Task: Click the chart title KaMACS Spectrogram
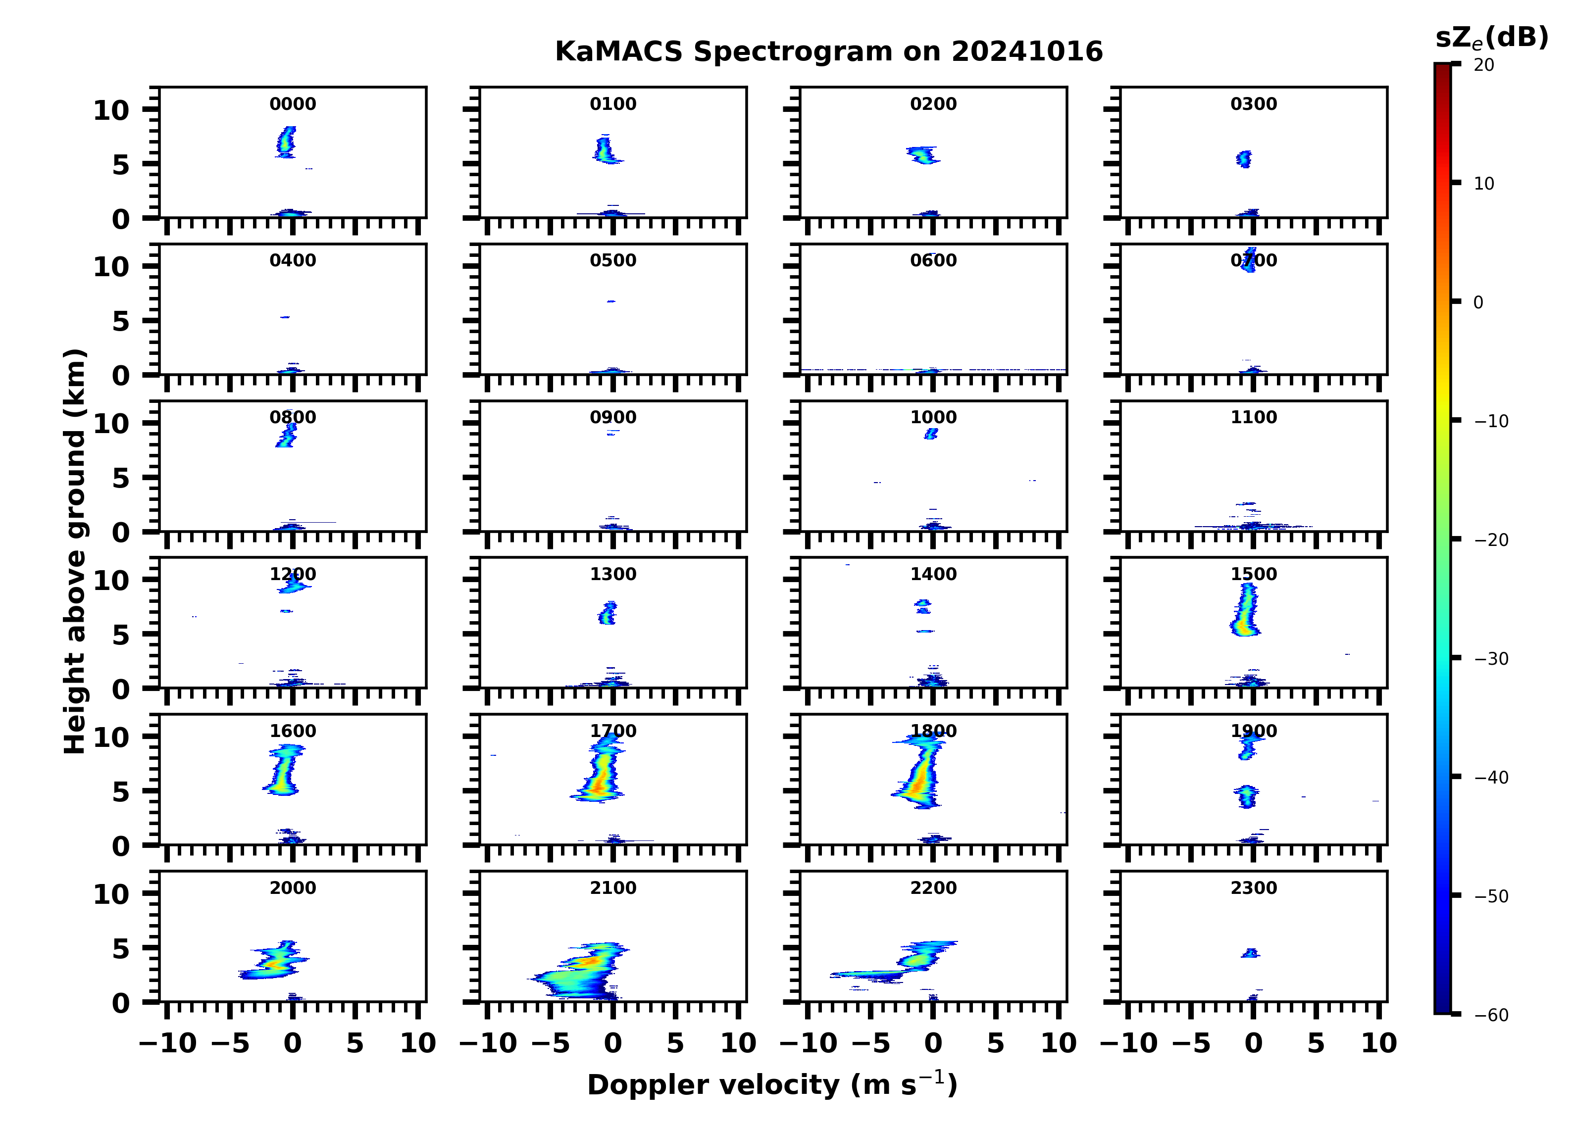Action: click(828, 52)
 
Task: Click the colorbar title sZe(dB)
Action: click(1491, 38)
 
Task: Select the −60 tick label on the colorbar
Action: click(1491, 1015)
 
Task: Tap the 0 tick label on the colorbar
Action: click(1478, 302)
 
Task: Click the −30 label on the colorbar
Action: click(1491, 659)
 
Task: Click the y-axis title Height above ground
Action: click(75, 551)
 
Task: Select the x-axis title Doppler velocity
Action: click(772, 1084)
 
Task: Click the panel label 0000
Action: click(293, 104)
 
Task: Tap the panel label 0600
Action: click(933, 261)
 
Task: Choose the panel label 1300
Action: click(613, 574)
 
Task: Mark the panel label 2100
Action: click(613, 887)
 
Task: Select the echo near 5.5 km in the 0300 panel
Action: click(1244, 159)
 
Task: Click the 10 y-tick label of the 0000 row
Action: click(111, 110)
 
